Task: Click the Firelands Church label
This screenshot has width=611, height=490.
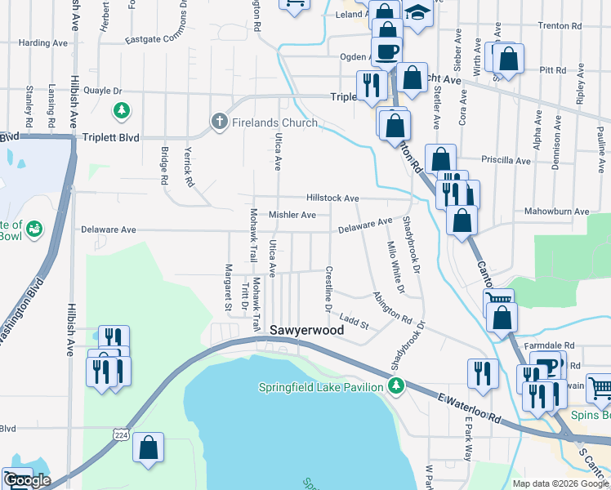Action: click(x=273, y=122)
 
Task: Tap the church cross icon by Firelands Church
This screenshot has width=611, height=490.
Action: click(x=218, y=122)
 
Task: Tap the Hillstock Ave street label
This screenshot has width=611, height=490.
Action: click(x=332, y=198)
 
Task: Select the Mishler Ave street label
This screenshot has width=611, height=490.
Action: click(x=292, y=215)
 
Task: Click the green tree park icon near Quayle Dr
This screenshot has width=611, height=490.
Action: click(x=122, y=109)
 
